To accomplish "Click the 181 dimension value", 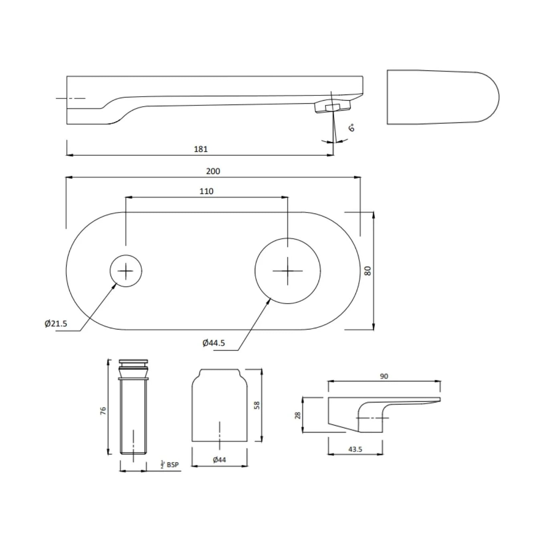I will (x=201, y=149).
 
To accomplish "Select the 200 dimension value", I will (x=213, y=171).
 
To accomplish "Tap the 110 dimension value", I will (x=206, y=191).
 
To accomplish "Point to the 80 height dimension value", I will (x=368, y=270).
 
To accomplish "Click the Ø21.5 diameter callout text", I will (x=56, y=323).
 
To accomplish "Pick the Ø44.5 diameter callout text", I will (x=214, y=343).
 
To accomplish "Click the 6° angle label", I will (x=351, y=128).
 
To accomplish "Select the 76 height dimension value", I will (x=103, y=410).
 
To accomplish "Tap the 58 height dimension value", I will (x=257, y=405).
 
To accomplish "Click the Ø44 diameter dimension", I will (x=219, y=460).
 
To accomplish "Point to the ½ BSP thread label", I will (x=169, y=465).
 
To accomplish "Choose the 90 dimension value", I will (x=384, y=376).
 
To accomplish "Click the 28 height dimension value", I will (x=297, y=415).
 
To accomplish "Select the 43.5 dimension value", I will (x=355, y=449).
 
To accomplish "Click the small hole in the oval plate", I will (x=126, y=271).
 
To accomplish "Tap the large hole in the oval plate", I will (x=287, y=271).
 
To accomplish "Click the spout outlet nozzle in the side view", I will (x=332, y=107).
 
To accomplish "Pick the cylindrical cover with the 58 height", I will (x=219, y=405).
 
